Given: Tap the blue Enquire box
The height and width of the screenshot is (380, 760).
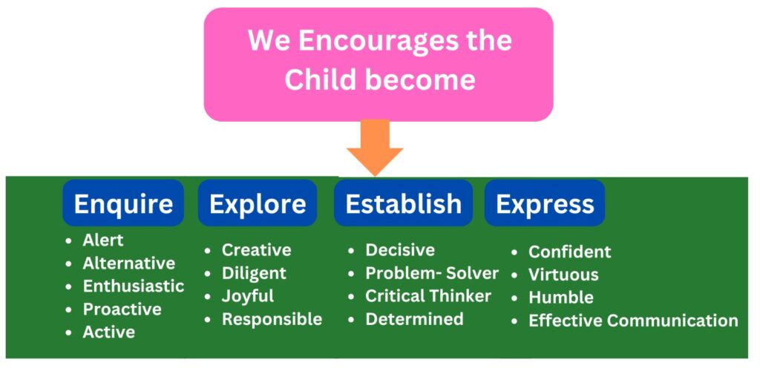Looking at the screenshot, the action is [123, 203].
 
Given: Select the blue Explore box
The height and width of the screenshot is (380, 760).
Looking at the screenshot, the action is [258, 203].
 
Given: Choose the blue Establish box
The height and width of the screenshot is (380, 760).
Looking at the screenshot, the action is [403, 203].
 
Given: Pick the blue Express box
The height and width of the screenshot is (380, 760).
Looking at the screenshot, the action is [545, 203].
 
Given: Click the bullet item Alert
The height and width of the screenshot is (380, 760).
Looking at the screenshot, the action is [102, 240].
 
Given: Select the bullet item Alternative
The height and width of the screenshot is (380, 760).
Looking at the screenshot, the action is [129, 263].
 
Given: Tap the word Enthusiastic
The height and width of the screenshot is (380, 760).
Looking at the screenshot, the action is [134, 286].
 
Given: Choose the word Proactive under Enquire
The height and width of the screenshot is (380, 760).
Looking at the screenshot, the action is [122, 309].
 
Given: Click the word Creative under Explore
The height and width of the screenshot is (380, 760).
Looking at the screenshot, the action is [256, 250].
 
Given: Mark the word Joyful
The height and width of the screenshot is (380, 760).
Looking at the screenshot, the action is [248, 296].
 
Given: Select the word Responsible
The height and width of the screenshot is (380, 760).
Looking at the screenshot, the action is [272, 319].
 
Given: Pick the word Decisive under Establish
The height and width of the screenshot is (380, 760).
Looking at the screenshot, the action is [400, 250].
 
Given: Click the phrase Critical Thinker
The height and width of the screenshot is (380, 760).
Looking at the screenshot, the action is [428, 295].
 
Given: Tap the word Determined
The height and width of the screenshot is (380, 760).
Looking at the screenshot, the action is [414, 319].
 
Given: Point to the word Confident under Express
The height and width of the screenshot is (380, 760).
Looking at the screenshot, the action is [569, 252].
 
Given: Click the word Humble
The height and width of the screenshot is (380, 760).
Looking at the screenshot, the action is [561, 297].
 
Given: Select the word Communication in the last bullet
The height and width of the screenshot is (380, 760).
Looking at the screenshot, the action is [672, 321].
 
